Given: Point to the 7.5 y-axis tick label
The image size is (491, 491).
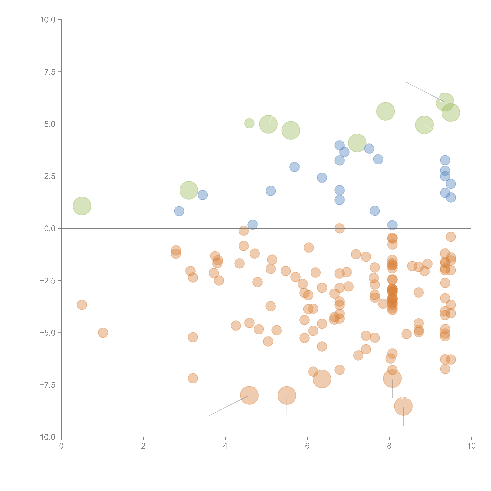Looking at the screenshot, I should pyautogui.click(x=50, y=72).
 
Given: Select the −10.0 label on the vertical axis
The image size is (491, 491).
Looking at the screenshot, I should pyautogui.click(x=45, y=437).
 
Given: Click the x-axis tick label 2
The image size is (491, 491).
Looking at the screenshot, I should pyautogui.click(x=143, y=446).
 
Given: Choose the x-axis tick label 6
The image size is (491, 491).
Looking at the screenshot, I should pyautogui.click(x=307, y=446).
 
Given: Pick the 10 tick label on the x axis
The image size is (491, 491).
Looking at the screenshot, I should pyautogui.click(x=471, y=446).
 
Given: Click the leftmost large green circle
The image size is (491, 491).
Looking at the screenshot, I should pyautogui.click(x=82, y=206).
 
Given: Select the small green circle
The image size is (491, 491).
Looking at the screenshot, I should pyautogui.click(x=249, y=123).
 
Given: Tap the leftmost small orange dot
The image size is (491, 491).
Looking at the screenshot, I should pyautogui.click(x=82, y=305).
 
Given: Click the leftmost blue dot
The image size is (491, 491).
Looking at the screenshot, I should pyautogui.click(x=179, y=211).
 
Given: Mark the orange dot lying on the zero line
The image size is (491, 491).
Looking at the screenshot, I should pyautogui.click(x=340, y=228).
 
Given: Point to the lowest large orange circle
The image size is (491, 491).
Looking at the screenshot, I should pyautogui.click(x=403, y=406).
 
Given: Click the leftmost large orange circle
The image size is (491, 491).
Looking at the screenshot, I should pyautogui.click(x=249, y=395).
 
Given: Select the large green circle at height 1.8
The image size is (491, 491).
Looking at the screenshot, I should pyautogui.click(x=189, y=190).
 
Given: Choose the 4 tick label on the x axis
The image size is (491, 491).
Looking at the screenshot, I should pyautogui.click(x=225, y=446).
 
